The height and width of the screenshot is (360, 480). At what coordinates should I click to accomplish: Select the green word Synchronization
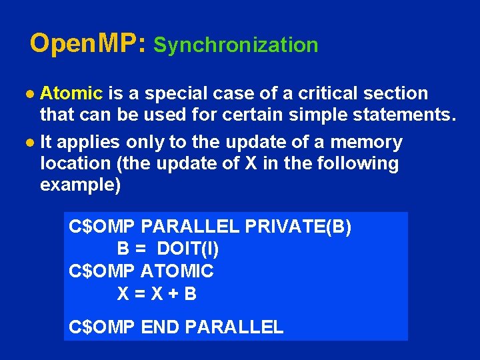236,45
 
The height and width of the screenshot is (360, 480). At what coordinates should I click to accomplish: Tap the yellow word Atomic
71,93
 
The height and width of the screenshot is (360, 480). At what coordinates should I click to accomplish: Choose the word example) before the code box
81,185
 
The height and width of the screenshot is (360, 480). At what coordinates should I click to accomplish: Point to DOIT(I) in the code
188,249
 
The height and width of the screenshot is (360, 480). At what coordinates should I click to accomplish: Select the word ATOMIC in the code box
177,271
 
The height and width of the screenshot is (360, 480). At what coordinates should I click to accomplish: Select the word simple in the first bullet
317,115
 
